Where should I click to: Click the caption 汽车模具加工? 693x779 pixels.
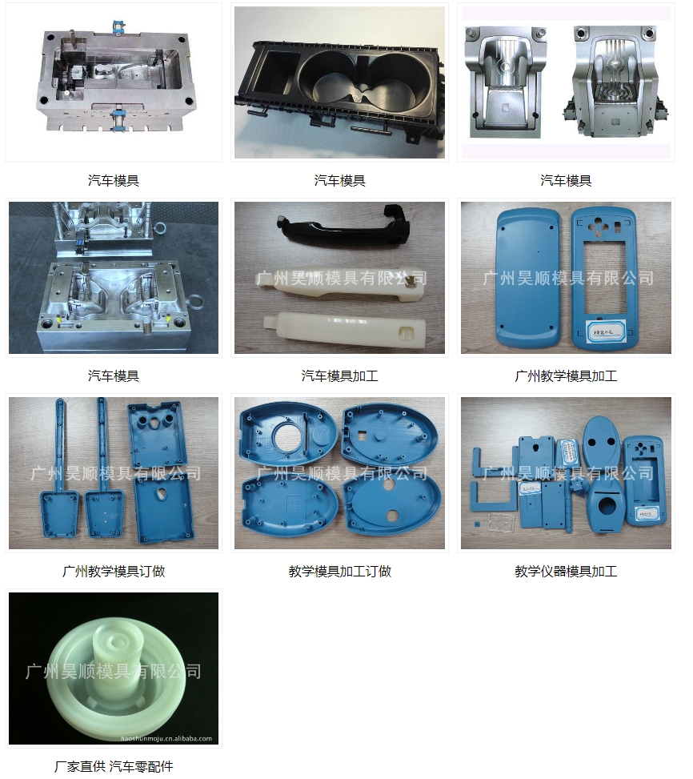[x=339, y=375]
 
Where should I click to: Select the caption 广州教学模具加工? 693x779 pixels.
[x=566, y=375]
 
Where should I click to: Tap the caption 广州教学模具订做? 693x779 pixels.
[x=114, y=571]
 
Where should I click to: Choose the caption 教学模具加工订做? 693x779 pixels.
[x=339, y=571]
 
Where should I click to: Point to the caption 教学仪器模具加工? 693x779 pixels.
[x=566, y=571]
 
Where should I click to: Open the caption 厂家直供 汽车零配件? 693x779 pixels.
[x=114, y=766]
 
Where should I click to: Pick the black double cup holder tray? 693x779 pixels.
[x=340, y=84]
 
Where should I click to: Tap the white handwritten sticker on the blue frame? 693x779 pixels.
[x=603, y=327]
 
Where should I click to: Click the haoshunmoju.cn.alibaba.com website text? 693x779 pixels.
[x=166, y=738]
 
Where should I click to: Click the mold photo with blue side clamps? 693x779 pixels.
[x=114, y=82]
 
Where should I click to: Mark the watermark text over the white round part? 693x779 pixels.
[x=114, y=671]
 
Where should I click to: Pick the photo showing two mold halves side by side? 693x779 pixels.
[x=566, y=82]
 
